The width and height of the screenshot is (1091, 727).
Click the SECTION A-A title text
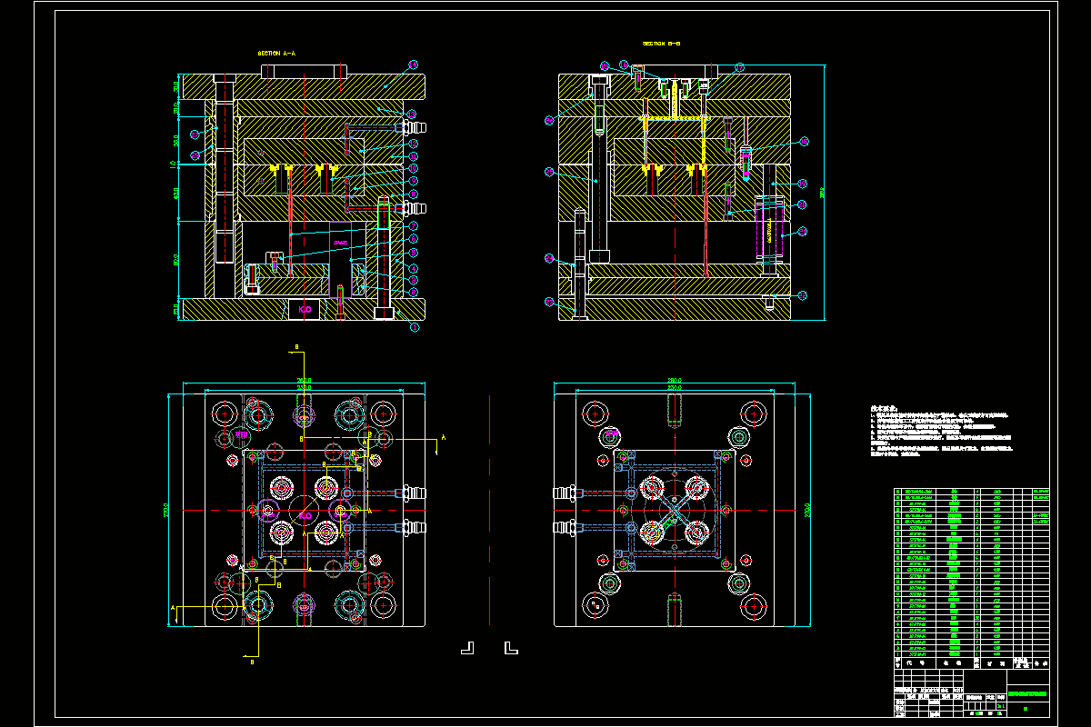coord(277,54)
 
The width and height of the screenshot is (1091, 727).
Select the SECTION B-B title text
coord(662,43)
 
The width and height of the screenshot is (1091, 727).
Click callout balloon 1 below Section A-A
coord(414,327)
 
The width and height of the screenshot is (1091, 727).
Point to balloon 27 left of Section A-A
coord(195,134)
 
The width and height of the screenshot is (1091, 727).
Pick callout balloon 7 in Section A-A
coord(413,226)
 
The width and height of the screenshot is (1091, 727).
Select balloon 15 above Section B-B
coord(605,65)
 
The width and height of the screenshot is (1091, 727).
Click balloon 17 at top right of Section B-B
coord(739,66)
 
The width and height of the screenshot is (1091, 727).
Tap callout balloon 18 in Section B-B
coord(803,142)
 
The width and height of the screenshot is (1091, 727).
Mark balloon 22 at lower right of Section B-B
coord(803,294)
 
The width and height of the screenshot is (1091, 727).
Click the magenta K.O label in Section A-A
coord(305,310)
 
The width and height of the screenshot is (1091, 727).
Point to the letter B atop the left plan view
coord(295,347)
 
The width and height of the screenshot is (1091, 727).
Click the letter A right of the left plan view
coord(443,438)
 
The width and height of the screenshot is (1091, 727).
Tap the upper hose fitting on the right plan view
coord(566,493)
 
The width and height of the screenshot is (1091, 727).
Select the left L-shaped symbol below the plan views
coord(467,647)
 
